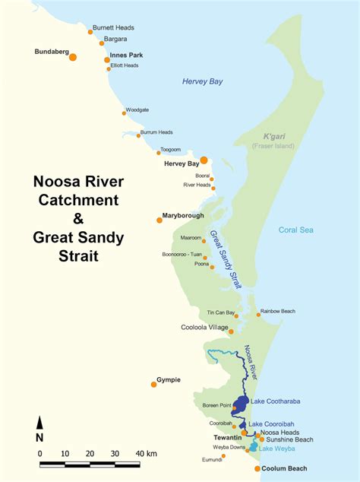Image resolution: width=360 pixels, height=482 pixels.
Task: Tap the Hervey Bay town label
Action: coord(181,163)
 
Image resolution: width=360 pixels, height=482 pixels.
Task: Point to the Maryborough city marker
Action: coord(159,220)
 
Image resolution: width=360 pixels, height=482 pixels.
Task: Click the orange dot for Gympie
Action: coord(154,384)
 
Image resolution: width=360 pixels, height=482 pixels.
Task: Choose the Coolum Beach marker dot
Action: coord(257,469)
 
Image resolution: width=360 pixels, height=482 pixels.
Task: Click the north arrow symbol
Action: coord(39,427)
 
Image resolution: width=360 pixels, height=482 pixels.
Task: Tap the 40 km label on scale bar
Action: coord(146,453)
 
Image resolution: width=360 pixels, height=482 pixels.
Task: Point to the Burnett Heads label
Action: coord(113,27)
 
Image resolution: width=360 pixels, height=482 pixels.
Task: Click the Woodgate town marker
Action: coord(124,113)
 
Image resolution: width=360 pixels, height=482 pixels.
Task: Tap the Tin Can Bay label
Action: coord(221,312)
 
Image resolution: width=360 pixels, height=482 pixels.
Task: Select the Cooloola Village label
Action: coord(205,327)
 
